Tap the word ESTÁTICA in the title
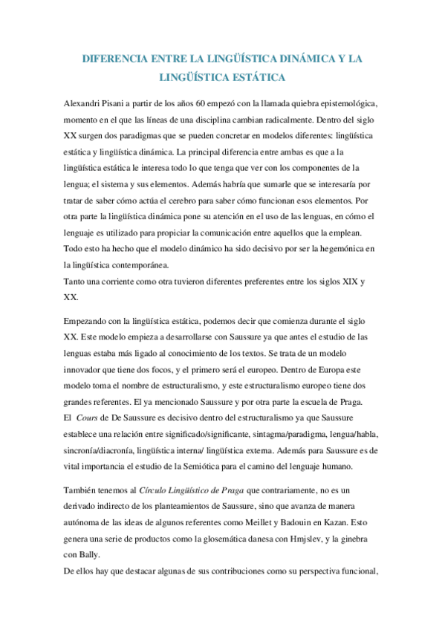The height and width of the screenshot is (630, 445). click(x=257, y=77)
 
